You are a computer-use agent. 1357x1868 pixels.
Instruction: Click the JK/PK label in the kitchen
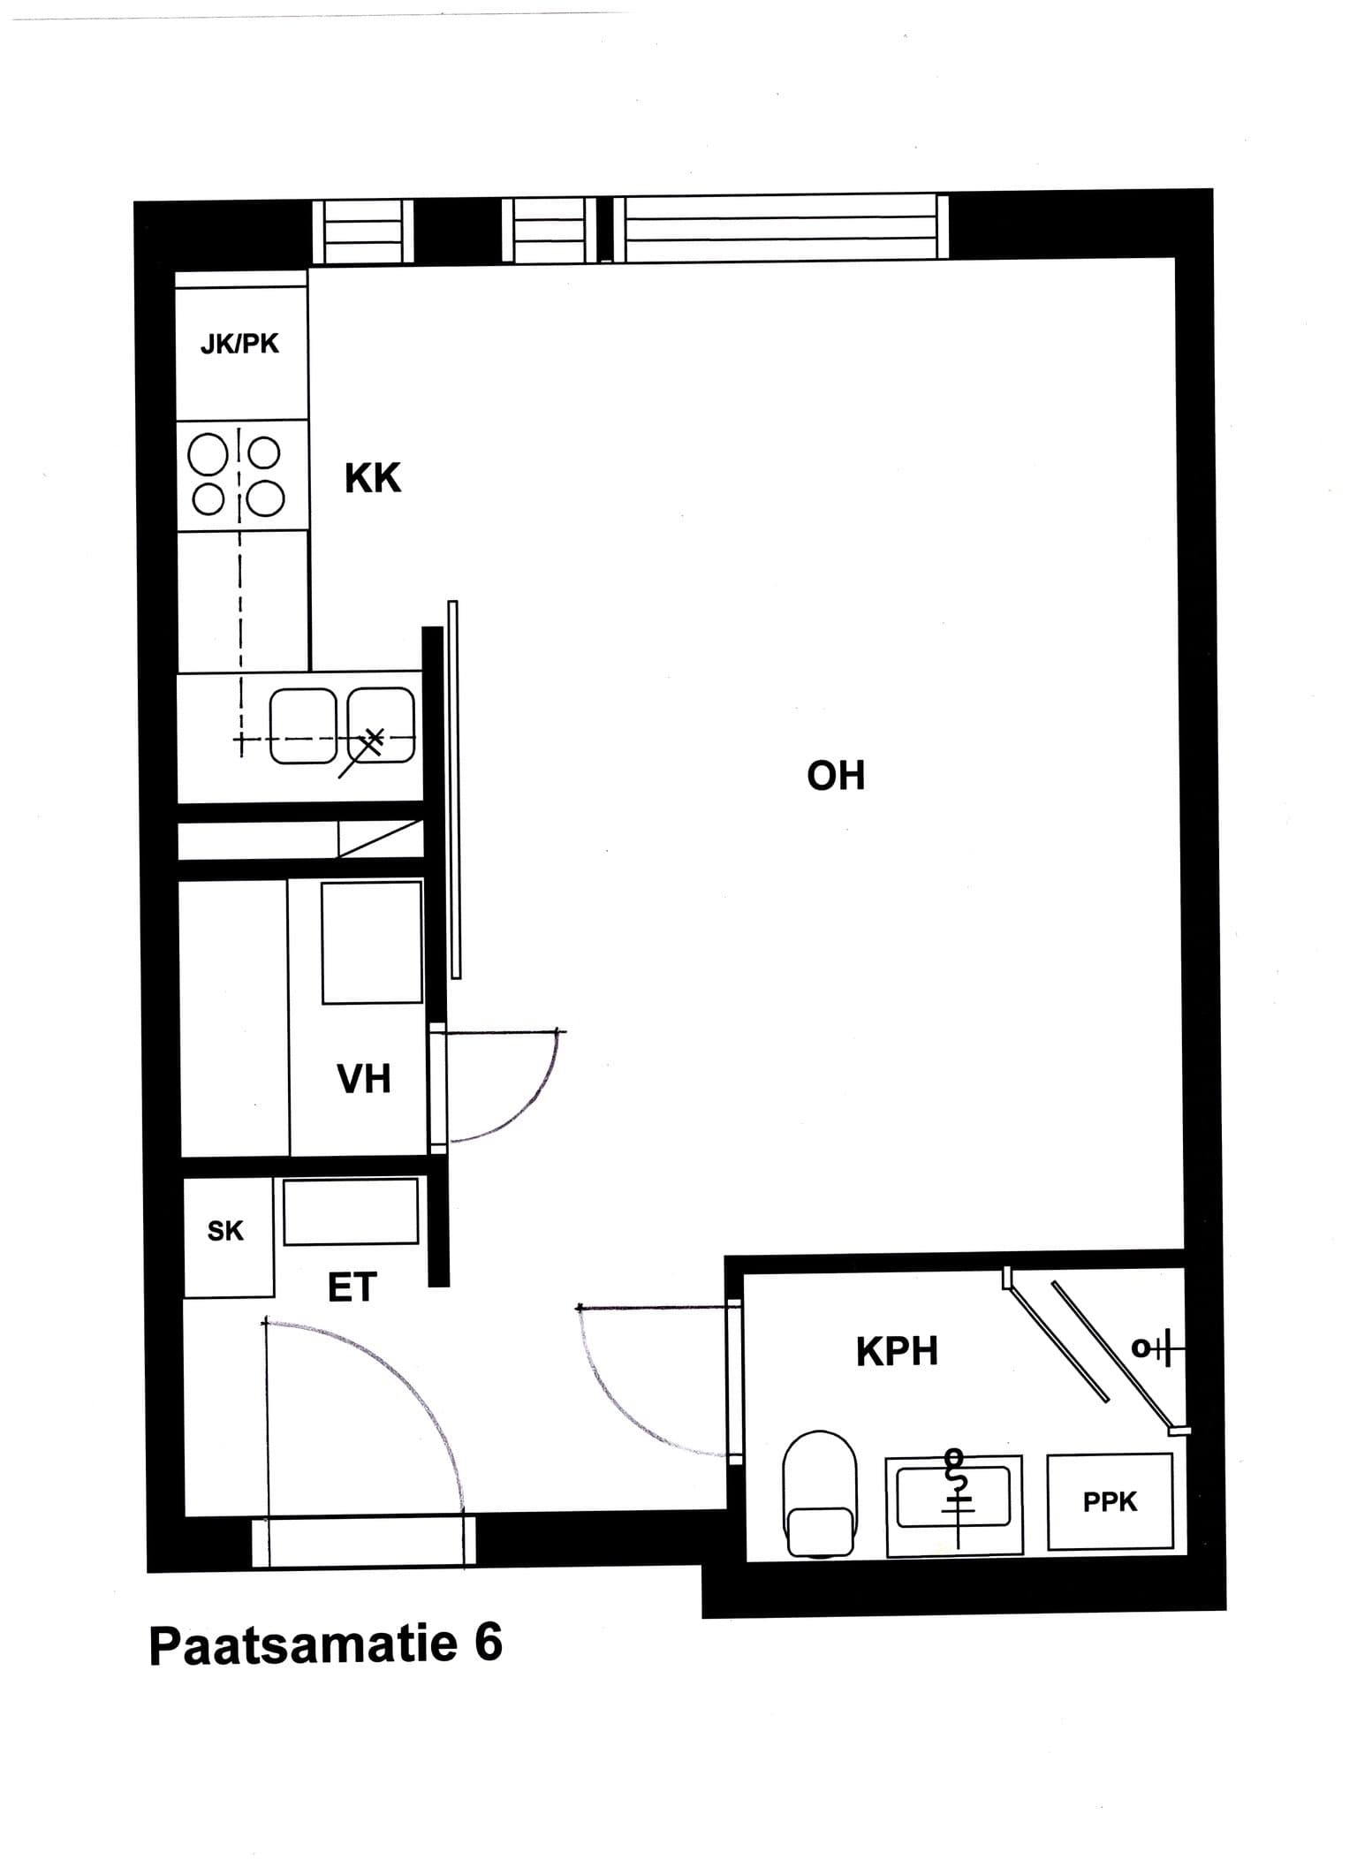(x=239, y=343)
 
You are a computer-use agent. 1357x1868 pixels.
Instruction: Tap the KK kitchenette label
(x=373, y=478)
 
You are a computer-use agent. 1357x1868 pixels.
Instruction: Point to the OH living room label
(x=836, y=775)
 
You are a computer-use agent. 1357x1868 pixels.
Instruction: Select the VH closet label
(x=364, y=1079)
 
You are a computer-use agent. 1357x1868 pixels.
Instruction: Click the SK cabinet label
(x=225, y=1231)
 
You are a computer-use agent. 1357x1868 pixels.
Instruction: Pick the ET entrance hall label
(x=353, y=1287)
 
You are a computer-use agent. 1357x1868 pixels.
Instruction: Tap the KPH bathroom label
(x=897, y=1352)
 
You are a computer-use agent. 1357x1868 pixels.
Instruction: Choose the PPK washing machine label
(x=1111, y=1501)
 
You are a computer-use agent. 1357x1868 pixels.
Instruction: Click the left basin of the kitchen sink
(x=303, y=725)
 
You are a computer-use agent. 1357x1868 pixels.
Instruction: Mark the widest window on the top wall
(x=781, y=228)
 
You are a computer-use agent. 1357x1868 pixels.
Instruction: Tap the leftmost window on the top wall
(x=363, y=232)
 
